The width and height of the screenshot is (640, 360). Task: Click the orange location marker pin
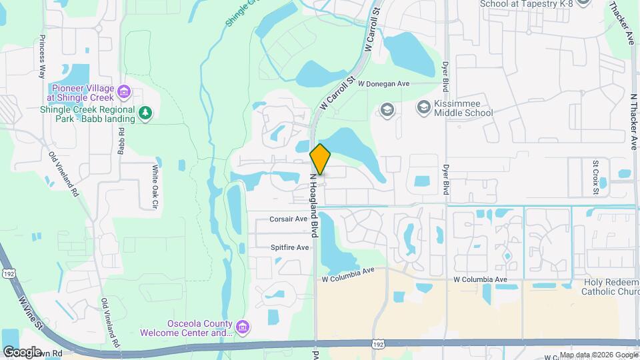(x=321, y=159)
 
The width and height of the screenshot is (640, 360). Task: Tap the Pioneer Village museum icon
(x=123, y=91)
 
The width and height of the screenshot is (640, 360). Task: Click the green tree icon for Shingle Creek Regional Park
(x=145, y=114)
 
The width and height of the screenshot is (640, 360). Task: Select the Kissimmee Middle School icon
(x=423, y=107)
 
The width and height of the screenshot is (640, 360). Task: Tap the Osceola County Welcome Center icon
(x=243, y=327)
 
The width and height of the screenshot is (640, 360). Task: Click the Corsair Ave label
(x=289, y=219)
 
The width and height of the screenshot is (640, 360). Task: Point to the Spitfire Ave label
(x=290, y=247)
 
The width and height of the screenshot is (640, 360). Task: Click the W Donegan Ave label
(x=384, y=84)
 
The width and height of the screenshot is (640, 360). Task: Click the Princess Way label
(x=42, y=56)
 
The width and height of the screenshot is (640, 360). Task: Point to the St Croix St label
(x=596, y=177)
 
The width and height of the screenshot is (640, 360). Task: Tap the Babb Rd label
(x=122, y=140)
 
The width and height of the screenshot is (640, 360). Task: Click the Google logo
(x=22, y=351)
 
